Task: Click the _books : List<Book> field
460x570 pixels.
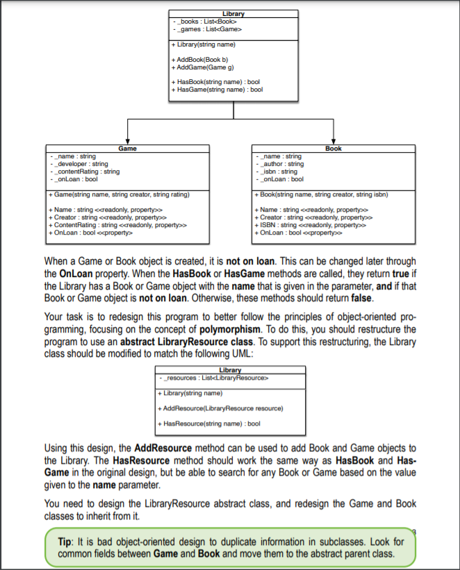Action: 206,22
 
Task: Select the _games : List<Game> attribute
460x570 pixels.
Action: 208,29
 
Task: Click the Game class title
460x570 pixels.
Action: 128,149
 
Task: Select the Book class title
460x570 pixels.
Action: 334,149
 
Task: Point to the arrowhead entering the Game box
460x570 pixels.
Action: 128,141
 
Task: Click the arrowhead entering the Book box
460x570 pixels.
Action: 334,141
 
